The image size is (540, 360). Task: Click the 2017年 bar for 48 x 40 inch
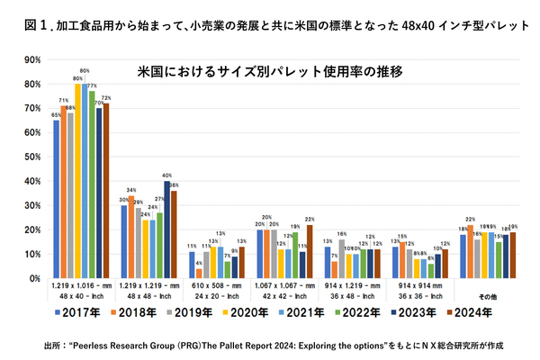click(56, 198)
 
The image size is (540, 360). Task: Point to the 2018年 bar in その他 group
click(470, 251)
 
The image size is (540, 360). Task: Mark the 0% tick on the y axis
click(34, 278)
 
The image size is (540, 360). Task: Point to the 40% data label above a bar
click(166, 175)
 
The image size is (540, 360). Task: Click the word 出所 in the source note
click(52, 345)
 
